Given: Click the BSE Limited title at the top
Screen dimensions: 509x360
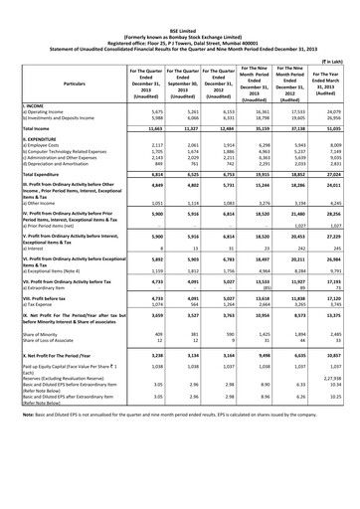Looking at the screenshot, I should click(x=180, y=5).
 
